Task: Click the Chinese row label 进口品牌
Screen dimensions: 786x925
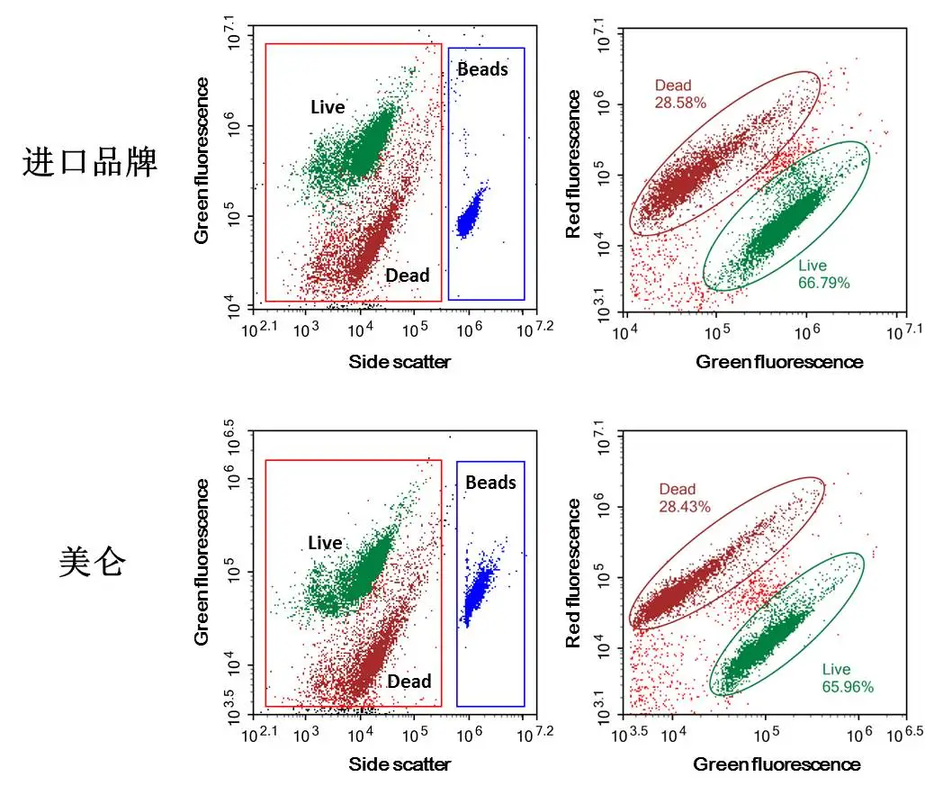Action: coord(90,163)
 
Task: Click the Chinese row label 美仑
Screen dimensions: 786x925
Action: coord(92,563)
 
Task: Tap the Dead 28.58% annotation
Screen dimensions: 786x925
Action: coord(680,95)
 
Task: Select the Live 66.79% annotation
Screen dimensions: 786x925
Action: coord(822,275)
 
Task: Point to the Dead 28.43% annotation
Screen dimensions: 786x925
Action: coord(684,498)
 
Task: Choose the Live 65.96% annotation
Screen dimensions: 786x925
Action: coord(847,678)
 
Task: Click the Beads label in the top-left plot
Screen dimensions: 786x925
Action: coord(482,69)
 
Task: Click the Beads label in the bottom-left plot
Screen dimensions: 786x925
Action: coord(490,483)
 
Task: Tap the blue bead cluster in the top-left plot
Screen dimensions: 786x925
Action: coord(469,213)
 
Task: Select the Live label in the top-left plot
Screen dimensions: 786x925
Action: coord(328,107)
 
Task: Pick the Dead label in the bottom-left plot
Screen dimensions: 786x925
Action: coord(409,682)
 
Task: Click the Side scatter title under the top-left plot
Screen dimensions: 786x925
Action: coord(400,362)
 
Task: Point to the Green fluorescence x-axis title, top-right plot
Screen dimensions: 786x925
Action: coord(779,362)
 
